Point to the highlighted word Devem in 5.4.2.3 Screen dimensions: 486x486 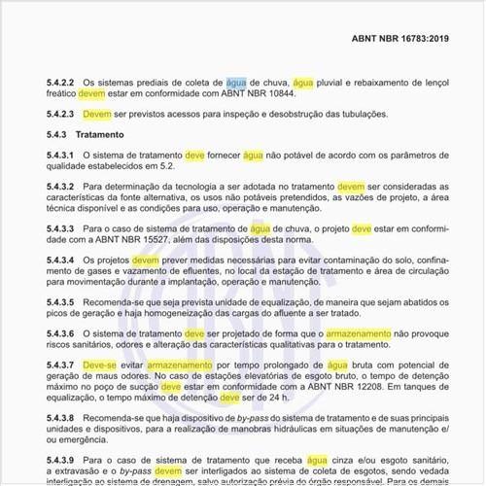(97, 114)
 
